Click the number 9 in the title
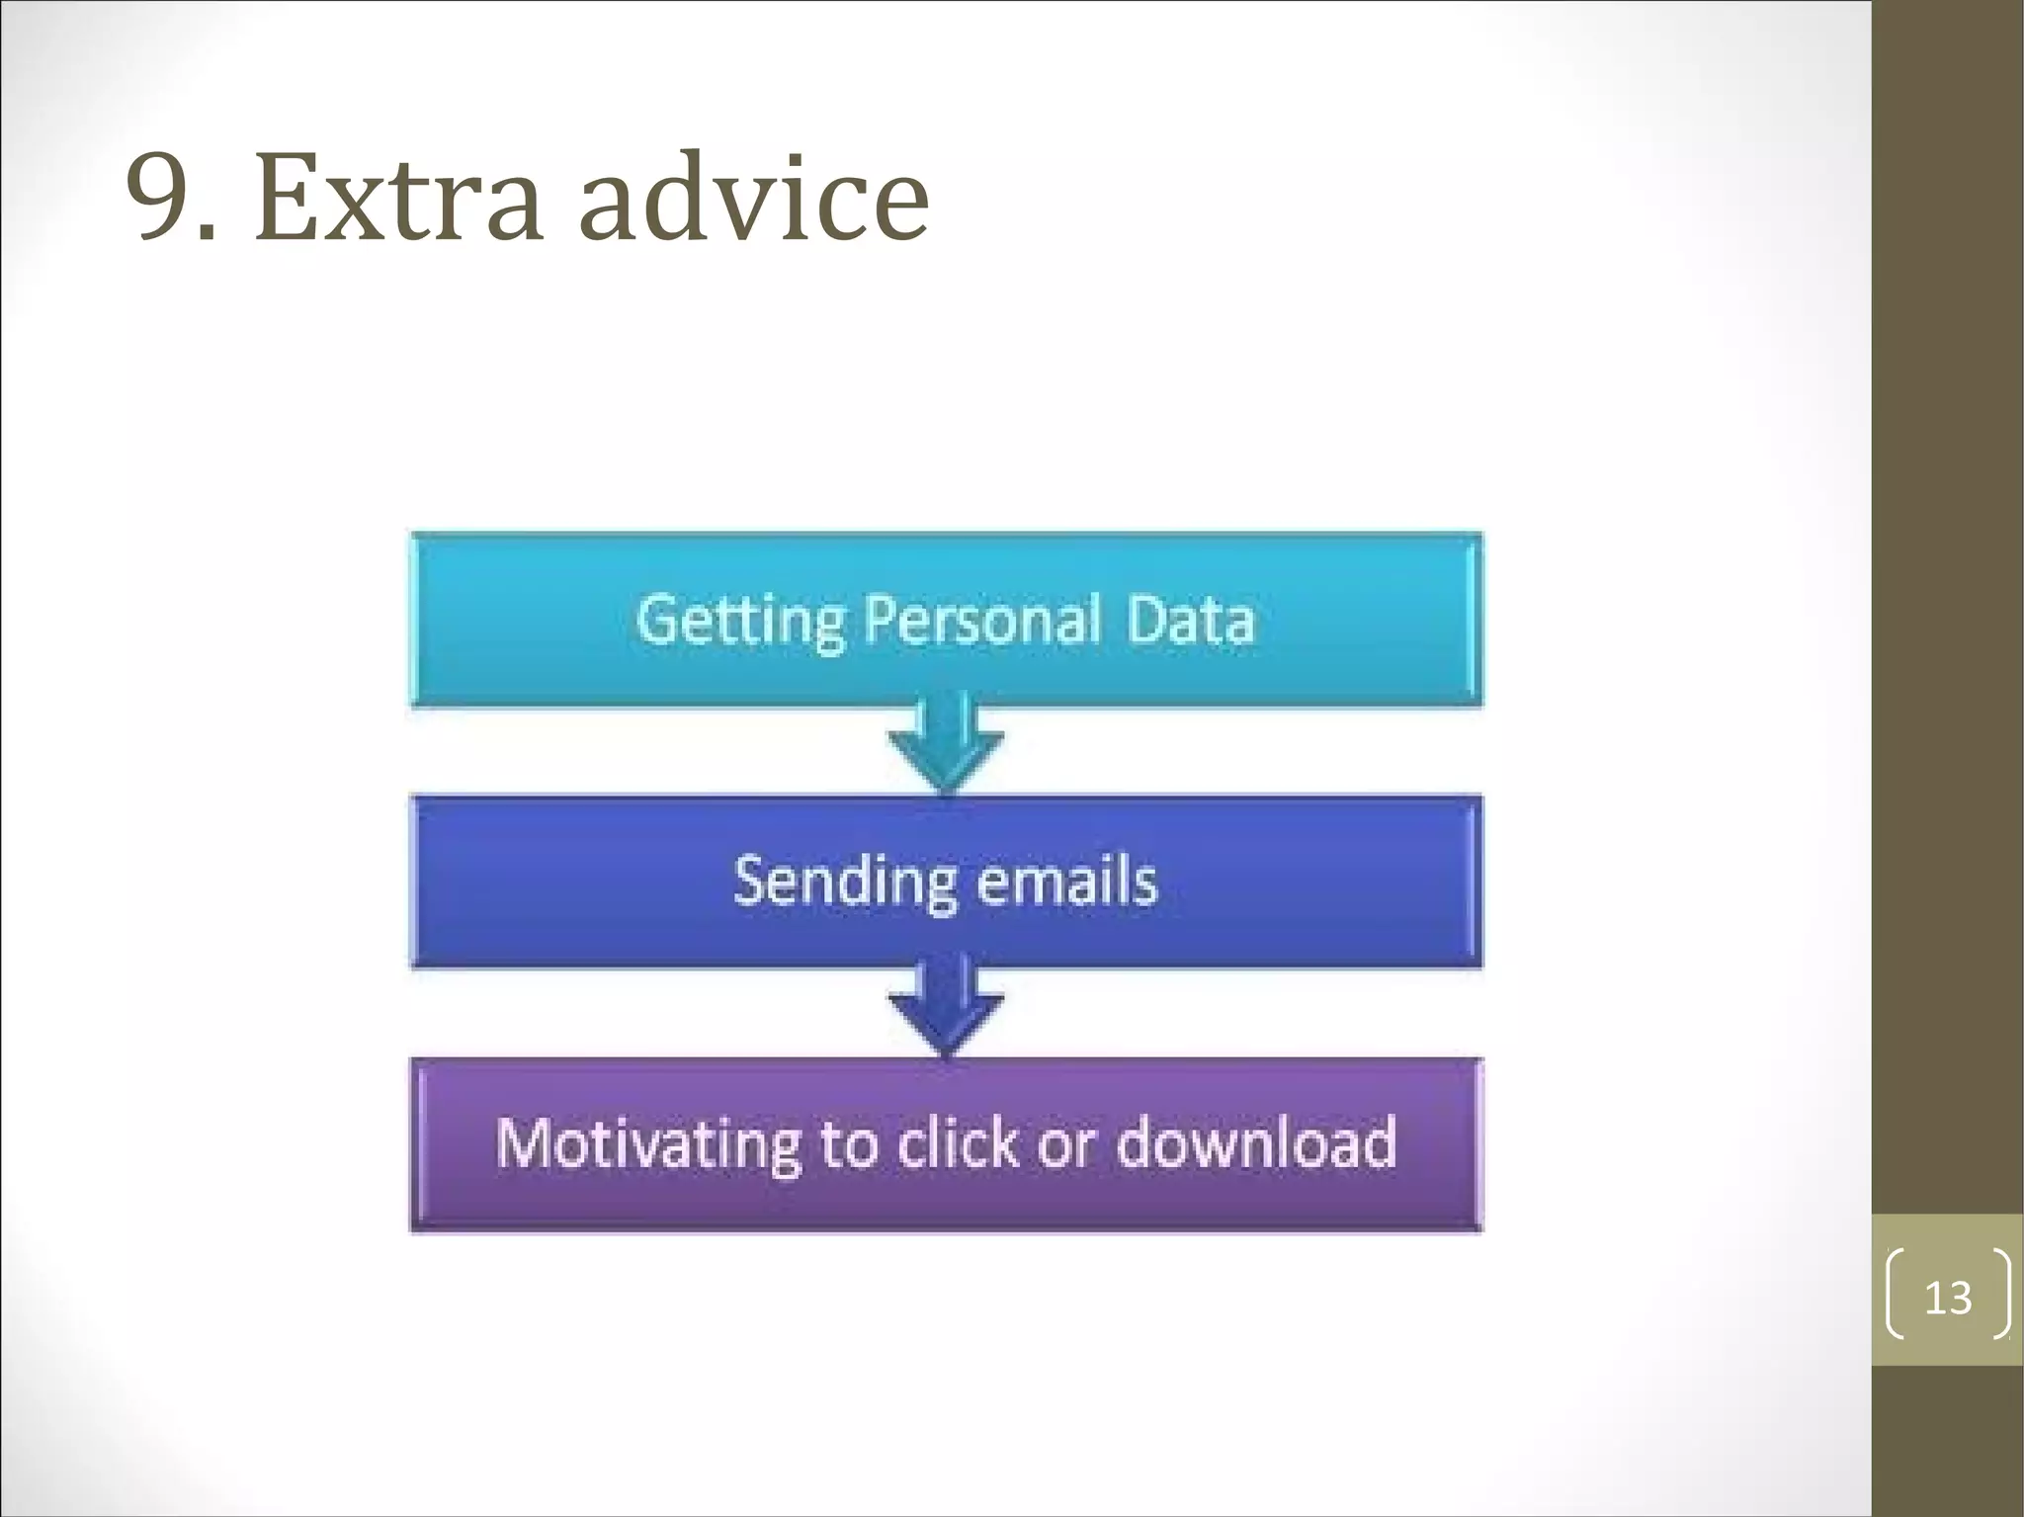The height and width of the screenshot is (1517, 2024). pos(160,198)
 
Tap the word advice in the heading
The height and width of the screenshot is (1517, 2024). pos(753,198)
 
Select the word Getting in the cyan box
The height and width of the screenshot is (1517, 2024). pos(739,621)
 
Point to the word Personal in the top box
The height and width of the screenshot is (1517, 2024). pos(981,621)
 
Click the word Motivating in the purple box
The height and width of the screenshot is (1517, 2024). pos(646,1143)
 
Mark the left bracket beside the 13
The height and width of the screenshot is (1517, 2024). pos(1896,1295)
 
